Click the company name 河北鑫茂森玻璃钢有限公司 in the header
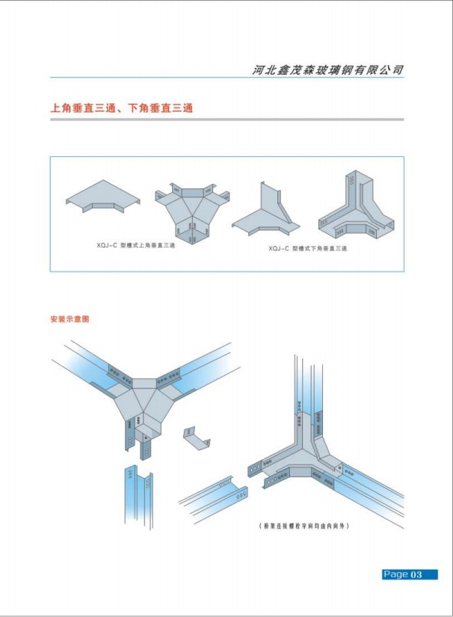click(328, 70)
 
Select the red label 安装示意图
click(70, 319)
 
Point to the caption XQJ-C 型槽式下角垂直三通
click(307, 248)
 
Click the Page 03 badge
click(409, 574)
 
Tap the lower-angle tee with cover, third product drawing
click(265, 211)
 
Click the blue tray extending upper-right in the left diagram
click(213, 365)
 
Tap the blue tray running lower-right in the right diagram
click(374, 494)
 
